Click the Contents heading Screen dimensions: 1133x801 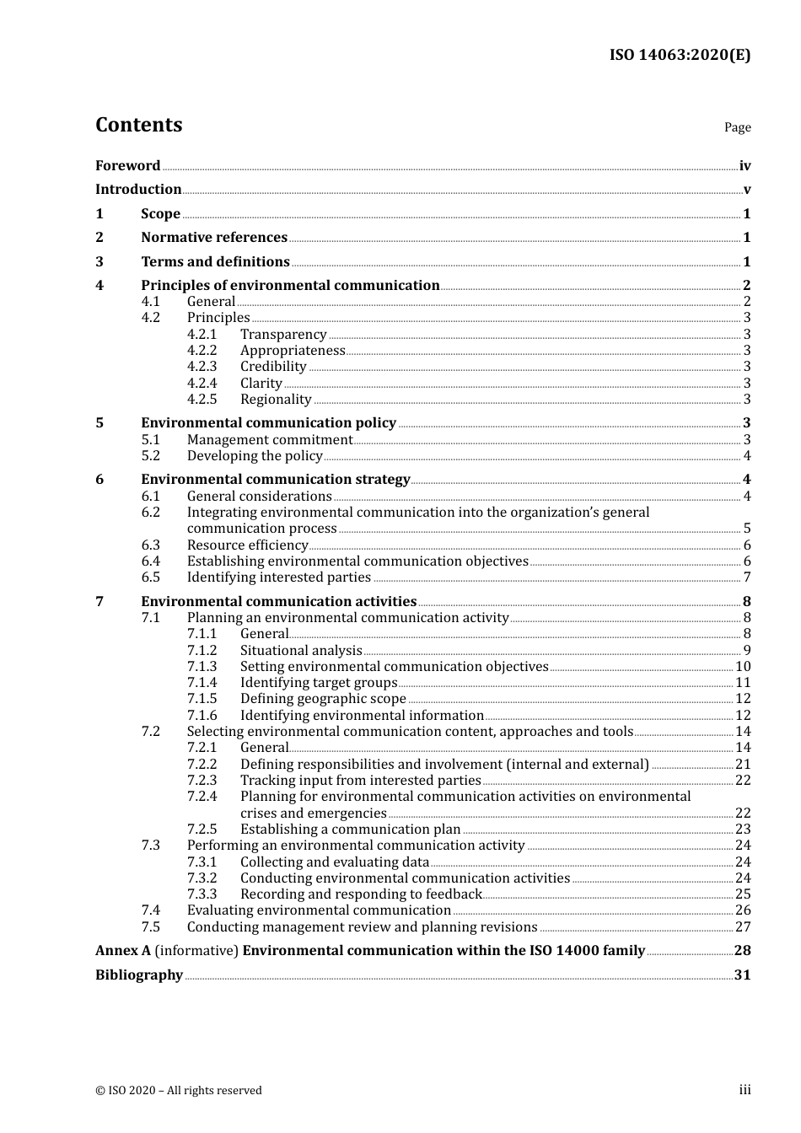138,125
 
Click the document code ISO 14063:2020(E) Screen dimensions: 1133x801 680,55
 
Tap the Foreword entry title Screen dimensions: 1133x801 127,166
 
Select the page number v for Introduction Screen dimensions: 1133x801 746,190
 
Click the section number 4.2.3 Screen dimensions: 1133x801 202,367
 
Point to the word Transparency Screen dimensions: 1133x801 282,335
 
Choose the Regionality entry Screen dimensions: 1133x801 276,400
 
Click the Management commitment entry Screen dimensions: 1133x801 269,440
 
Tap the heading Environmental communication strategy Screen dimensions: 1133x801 275,480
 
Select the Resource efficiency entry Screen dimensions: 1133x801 247,545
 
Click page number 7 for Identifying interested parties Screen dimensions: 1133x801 746,577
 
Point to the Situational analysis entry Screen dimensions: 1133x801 300,651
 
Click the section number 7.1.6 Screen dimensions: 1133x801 202,716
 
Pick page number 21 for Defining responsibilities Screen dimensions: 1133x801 743,765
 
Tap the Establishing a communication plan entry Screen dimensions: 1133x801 350,830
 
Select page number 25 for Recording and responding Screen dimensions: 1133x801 743,894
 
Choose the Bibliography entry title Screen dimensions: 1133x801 139,975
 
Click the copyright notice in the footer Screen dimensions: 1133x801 178,1091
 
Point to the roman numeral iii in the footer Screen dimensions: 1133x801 745,1091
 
